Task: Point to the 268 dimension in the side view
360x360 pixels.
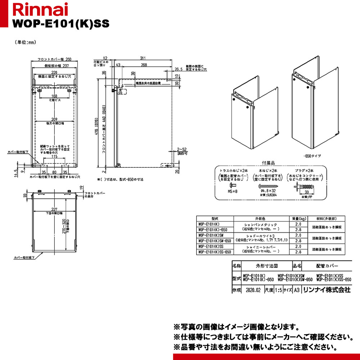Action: click(144, 65)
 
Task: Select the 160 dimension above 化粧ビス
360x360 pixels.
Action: click(54, 96)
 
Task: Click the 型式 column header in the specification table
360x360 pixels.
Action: click(215, 218)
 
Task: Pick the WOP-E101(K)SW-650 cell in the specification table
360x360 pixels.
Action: click(215, 241)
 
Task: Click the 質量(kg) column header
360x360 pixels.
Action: click(298, 218)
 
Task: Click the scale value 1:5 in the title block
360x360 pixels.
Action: click(278, 290)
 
